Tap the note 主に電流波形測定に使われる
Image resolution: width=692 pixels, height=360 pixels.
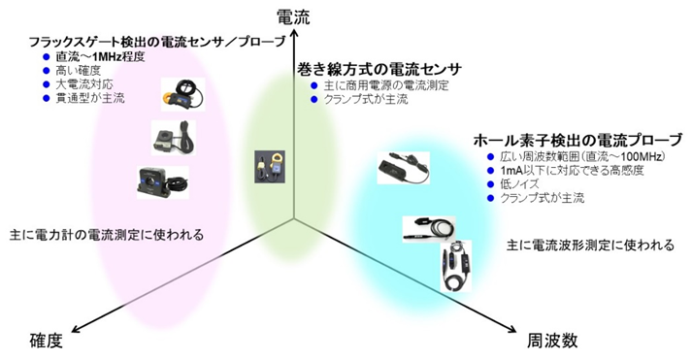591,245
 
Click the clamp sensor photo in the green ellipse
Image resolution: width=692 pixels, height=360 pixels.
269,168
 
